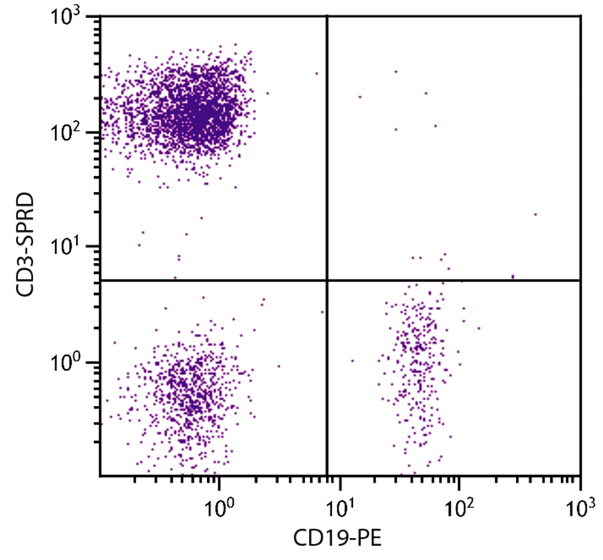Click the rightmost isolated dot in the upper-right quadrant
click(x=535, y=215)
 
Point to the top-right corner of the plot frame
click(x=580, y=16)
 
